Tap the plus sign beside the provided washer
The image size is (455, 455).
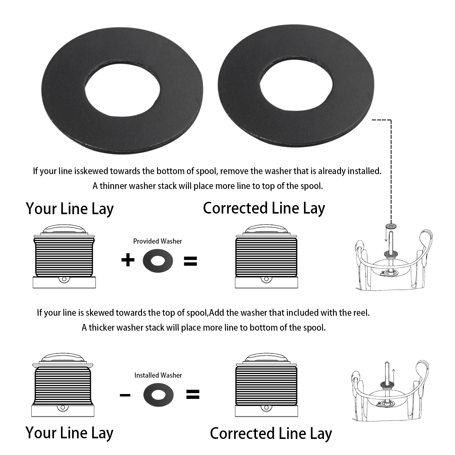point(128,260)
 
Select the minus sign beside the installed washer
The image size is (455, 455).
point(125,395)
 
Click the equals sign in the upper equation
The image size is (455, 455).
point(190,261)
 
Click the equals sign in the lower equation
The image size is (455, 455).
point(192,395)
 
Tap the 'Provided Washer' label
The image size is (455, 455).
point(158,241)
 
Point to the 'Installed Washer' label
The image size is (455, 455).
point(158,375)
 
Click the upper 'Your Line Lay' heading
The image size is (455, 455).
point(70,209)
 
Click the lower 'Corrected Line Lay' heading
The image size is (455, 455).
point(271,433)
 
